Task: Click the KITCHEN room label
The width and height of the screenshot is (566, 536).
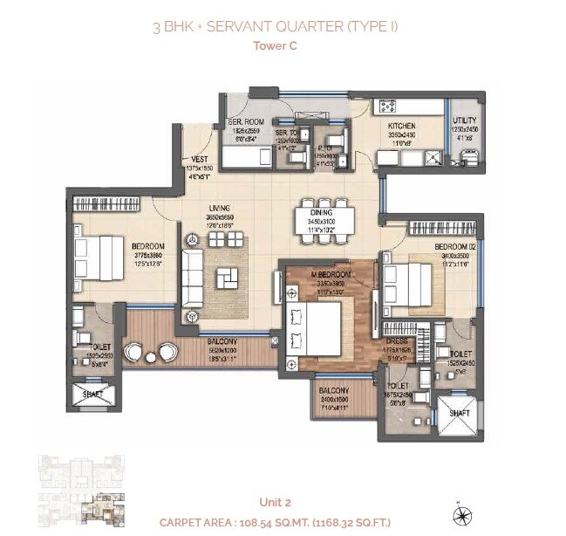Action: click(x=401, y=127)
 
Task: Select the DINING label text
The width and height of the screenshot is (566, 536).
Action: click(x=321, y=212)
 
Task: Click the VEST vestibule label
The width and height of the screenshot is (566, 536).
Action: click(x=197, y=160)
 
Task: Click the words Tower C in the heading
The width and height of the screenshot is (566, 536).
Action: click(x=275, y=45)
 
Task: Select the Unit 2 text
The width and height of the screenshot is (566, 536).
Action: click(x=275, y=501)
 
